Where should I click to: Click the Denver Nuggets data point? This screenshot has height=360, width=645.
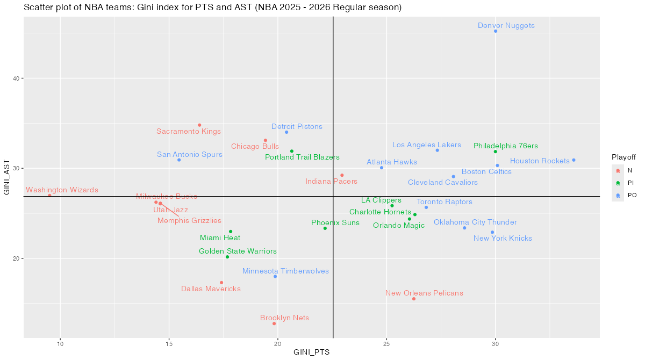pos(496,31)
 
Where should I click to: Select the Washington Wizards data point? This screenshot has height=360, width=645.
pos(49,196)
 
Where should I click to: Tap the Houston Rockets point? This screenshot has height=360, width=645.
pos(574,160)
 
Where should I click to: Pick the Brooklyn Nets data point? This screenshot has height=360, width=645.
pos(274,323)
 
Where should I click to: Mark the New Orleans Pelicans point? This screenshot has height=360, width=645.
pos(414,299)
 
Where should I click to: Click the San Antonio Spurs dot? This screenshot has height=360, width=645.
pos(179,160)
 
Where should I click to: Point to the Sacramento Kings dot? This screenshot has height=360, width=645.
pos(199,125)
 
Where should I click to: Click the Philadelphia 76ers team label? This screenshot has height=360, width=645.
pos(505,146)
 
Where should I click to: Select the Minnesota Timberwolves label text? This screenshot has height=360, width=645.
pos(285,271)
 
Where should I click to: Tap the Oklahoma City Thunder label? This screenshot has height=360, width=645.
pos(475,222)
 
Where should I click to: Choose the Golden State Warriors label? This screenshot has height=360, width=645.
pos(238,251)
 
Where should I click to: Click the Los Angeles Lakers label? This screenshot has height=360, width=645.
pos(427,145)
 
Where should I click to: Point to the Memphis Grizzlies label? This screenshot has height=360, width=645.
pos(189,220)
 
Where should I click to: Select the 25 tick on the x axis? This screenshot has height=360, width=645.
pos(387,344)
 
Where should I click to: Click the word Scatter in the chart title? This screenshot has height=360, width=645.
pos(38,8)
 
